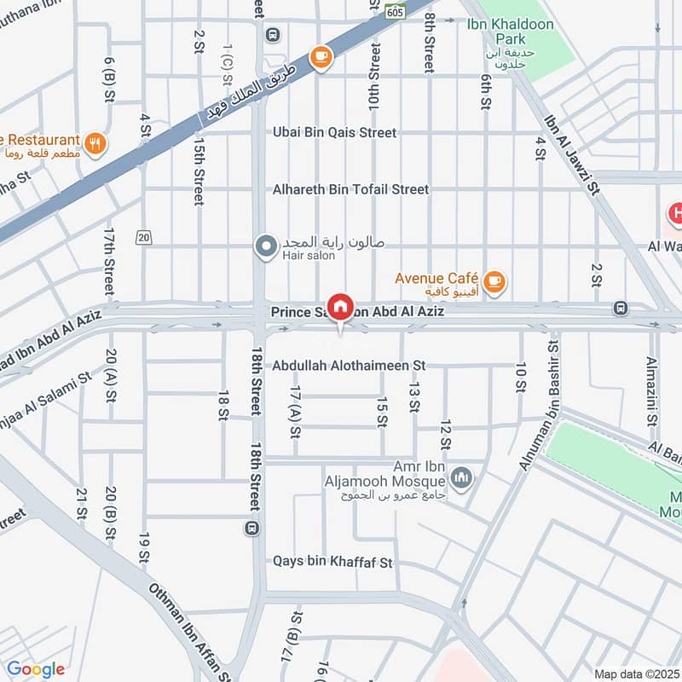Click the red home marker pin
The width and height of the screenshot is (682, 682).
coord(340,306)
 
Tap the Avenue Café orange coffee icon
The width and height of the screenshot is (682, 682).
coord(494,279)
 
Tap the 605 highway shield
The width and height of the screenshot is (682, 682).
coord(395,11)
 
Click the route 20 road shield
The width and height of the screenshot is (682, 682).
coord(142,237)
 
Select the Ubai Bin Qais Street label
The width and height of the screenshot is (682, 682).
coord(334,133)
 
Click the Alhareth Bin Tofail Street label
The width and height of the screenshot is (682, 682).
coord(350,189)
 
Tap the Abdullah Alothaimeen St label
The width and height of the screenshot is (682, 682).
coord(349,366)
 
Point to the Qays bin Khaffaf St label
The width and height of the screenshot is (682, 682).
coord(332,563)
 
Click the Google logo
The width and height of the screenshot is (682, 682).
coord(36,669)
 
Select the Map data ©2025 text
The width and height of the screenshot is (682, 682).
coord(636,673)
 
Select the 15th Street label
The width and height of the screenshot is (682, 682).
coord(199,170)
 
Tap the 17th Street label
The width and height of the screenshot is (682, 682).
coord(109,260)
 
